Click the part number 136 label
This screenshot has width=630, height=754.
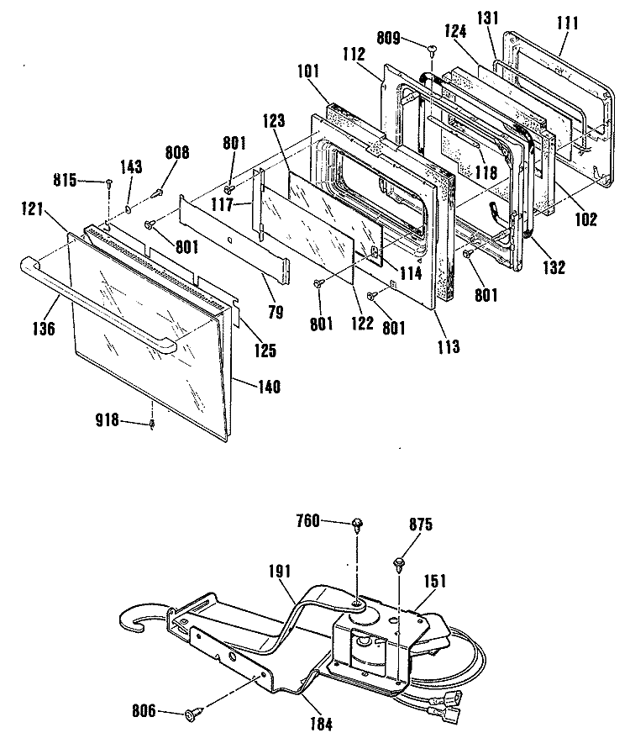(45, 329)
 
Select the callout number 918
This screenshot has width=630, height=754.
(108, 419)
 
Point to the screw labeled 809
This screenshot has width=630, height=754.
(432, 48)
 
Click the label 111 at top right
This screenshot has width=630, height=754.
(567, 23)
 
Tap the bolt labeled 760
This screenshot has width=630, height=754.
(357, 525)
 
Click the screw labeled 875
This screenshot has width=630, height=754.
(398, 563)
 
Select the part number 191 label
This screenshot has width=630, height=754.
(279, 572)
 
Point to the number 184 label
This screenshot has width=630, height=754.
(321, 724)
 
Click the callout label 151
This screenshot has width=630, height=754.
(434, 581)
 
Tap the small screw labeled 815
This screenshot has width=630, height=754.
(109, 182)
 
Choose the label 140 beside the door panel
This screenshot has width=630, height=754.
(269, 386)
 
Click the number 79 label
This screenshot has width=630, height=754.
(275, 313)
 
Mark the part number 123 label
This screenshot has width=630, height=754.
(274, 120)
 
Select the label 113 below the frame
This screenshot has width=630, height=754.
(448, 346)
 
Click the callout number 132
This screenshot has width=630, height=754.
(554, 267)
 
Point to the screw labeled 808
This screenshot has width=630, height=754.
(156, 193)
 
